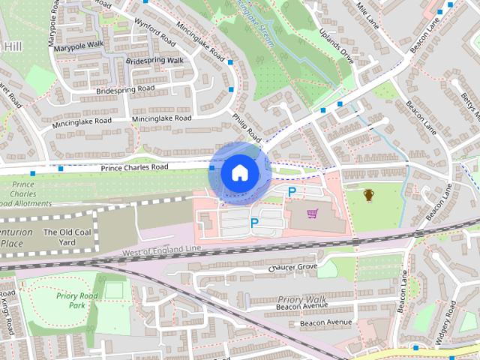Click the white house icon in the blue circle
pos(238,172)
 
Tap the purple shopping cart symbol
pos(313,215)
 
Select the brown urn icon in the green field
pos(369,196)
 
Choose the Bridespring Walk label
pos(155,60)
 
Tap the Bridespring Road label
pos(125,89)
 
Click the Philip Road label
pos(246,127)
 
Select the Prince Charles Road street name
pos(134,166)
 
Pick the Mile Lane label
pos(370,13)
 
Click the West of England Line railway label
pos(162,250)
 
